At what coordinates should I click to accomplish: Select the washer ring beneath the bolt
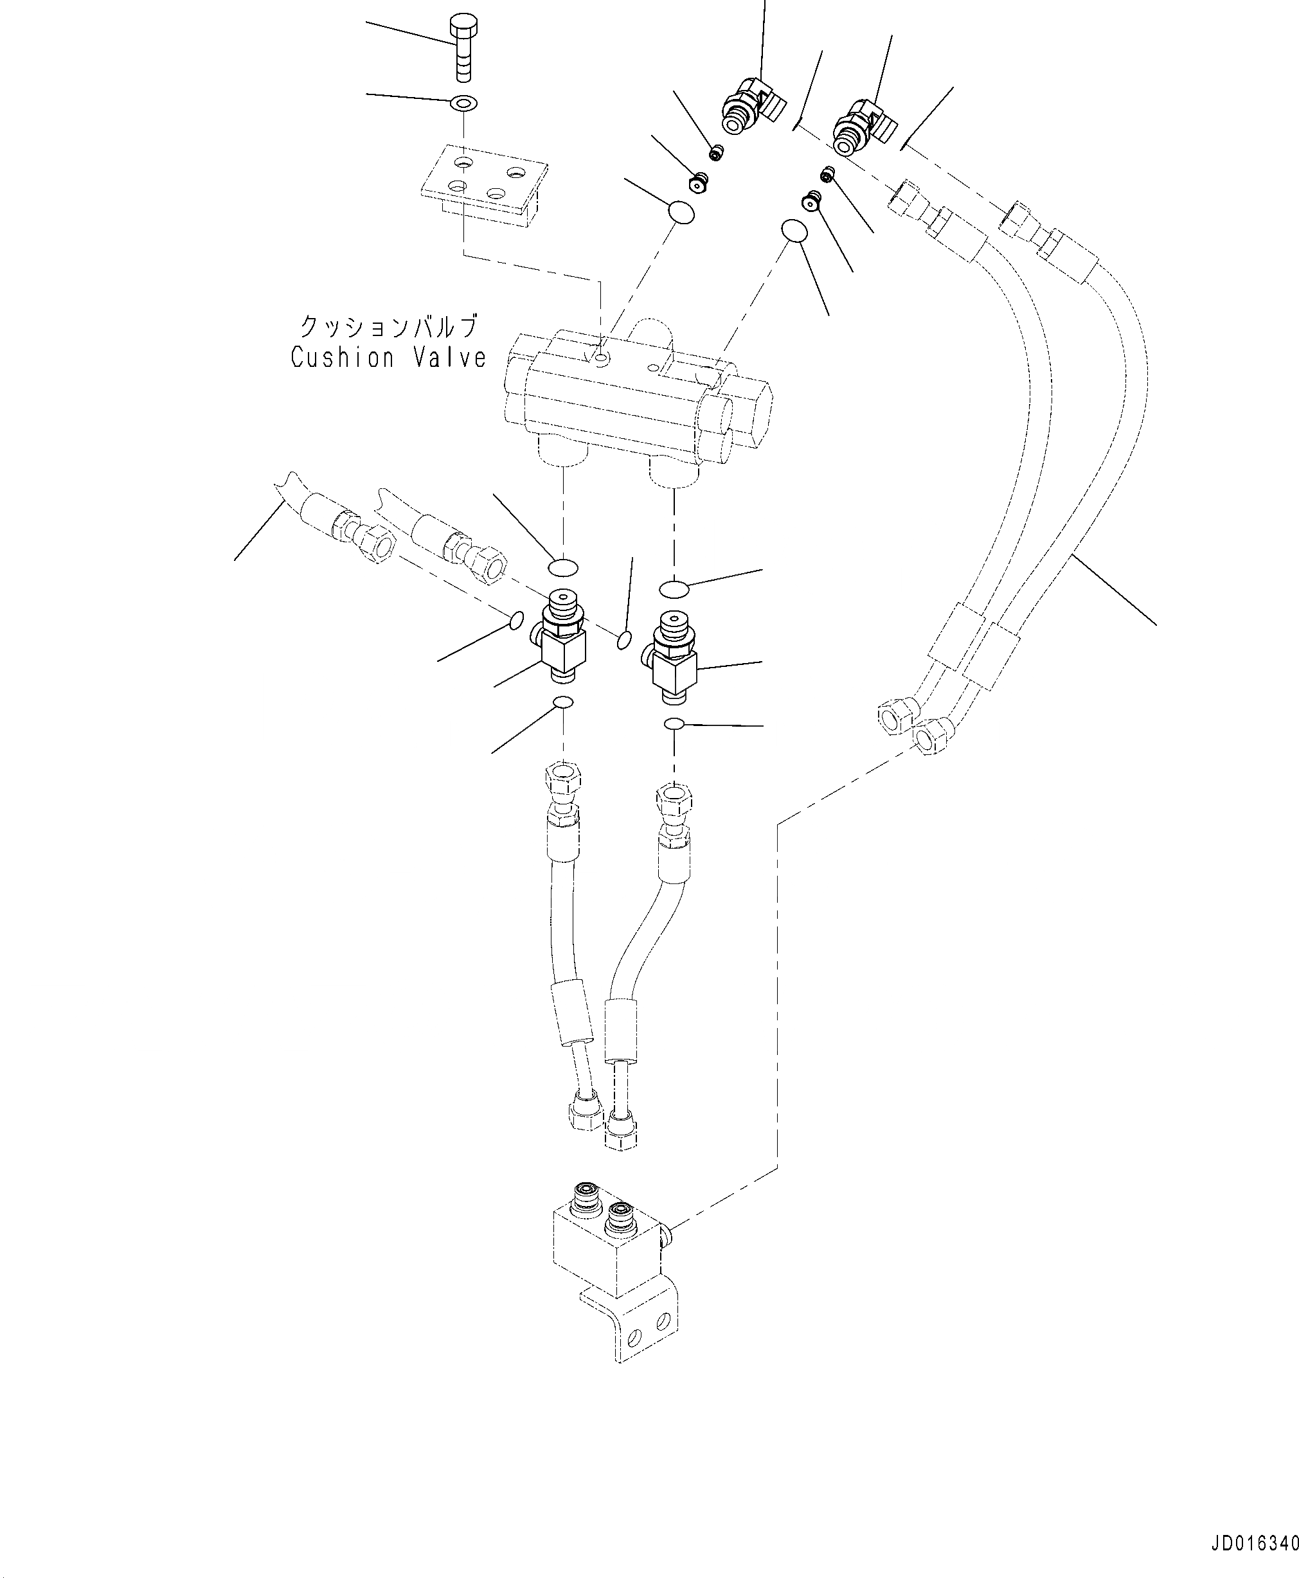pyautogui.click(x=464, y=102)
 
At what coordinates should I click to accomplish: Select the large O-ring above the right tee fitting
pyautogui.click(x=674, y=589)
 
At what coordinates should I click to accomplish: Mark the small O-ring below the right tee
pyautogui.click(x=674, y=723)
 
